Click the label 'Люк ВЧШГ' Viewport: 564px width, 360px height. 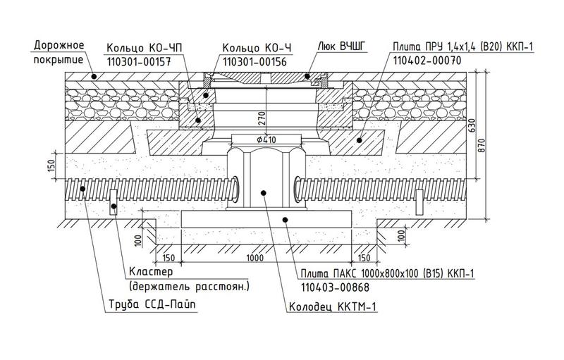point(342,47)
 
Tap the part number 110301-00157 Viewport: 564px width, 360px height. point(138,62)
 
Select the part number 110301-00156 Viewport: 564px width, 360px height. point(255,62)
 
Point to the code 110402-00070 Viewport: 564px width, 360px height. point(427,60)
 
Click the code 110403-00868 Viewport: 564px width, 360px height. point(335,287)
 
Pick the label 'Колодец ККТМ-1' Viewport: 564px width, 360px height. point(333,307)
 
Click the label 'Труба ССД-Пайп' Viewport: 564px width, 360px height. point(152,304)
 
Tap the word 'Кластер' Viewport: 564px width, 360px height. point(151,271)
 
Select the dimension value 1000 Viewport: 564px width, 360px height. point(255,258)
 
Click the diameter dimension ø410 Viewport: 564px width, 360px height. point(266,139)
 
